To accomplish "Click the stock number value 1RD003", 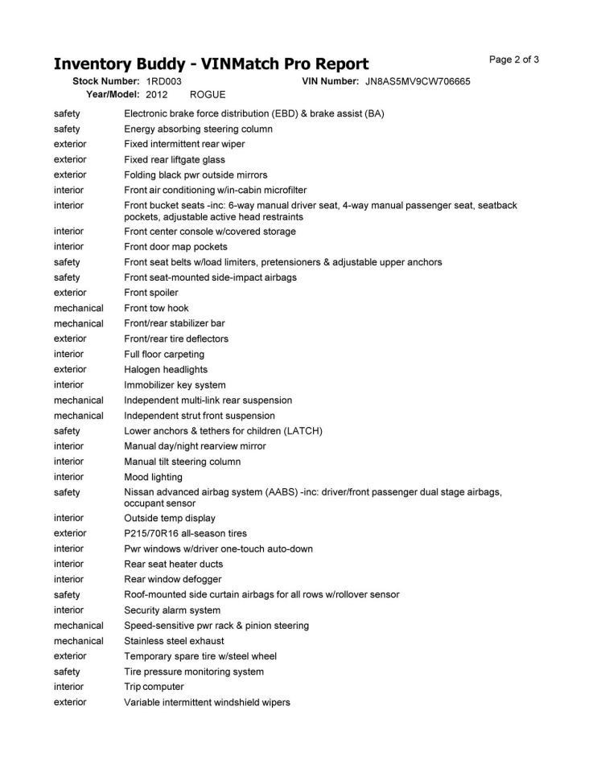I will (x=164, y=81).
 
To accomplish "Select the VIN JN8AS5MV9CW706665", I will (x=418, y=81).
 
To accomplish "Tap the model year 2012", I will (x=157, y=94).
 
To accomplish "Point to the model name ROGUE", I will (x=208, y=94).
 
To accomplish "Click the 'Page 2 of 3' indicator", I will (x=514, y=60).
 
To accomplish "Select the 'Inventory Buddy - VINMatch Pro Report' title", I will (x=211, y=64).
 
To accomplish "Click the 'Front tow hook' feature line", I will (x=156, y=308).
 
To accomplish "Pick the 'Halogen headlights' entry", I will (x=166, y=370).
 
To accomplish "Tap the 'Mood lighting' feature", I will (x=154, y=477).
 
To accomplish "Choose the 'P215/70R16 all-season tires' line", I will (x=185, y=533).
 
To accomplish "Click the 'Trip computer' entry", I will (x=154, y=687).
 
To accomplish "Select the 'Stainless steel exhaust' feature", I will (x=173, y=641).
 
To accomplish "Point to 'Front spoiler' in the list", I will (x=151, y=293).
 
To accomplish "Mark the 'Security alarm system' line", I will (x=172, y=610).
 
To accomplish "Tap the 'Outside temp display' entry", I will (x=170, y=518).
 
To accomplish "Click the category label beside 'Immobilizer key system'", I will (x=68, y=385).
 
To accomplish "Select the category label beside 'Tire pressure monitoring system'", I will (x=67, y=671).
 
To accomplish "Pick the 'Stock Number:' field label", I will (x=106, y=81).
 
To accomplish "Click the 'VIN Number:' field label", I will (x=330, y=81).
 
